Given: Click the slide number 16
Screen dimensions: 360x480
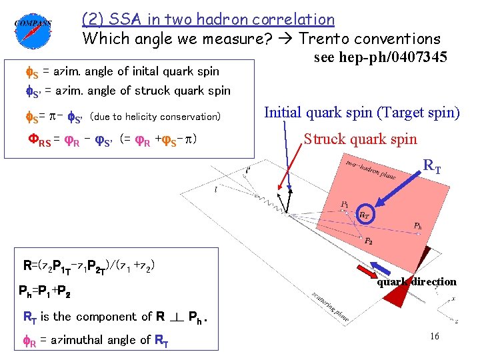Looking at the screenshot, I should (434, 337).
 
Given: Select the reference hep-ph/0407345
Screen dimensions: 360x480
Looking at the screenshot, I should (380, 58).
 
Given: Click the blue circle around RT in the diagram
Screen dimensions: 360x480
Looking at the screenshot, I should (365, 214).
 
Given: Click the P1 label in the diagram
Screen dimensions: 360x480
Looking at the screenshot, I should (344, 203).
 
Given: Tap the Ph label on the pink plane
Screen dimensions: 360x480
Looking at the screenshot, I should (417, 225).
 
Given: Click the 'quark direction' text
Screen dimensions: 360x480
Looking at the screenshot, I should (417, 281).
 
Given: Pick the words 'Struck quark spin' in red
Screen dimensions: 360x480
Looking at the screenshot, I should (361, 139).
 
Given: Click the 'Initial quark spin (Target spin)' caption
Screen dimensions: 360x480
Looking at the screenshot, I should (362, 112).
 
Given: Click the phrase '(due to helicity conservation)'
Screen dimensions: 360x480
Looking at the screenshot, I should (155, 117).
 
